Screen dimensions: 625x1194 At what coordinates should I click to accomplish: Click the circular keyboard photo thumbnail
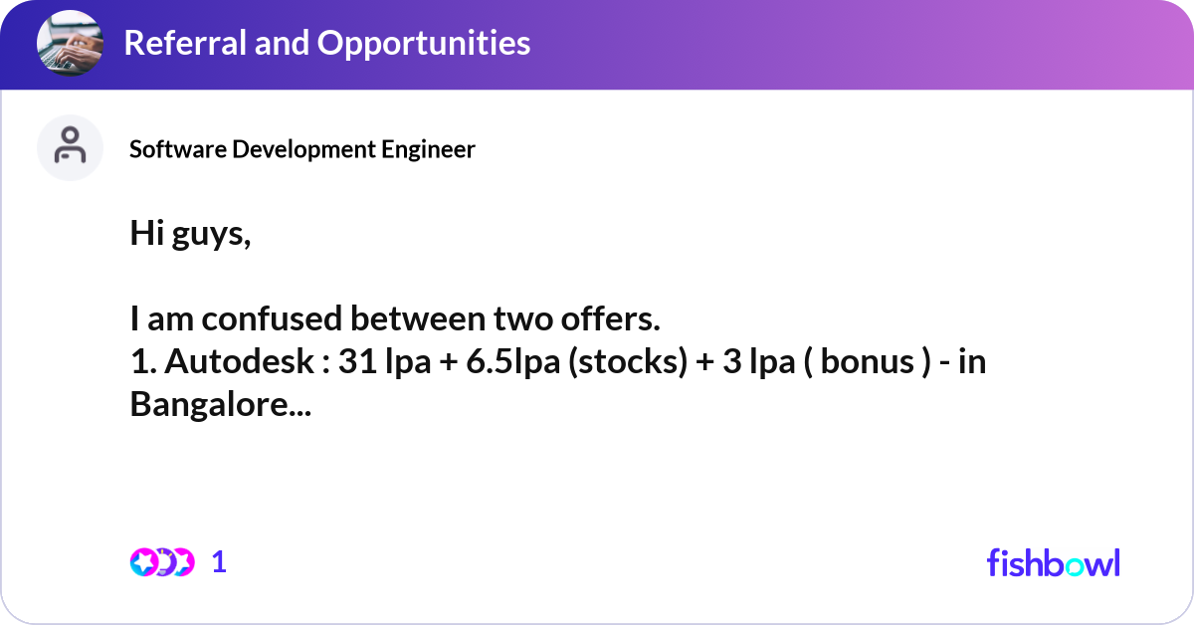[70, 44]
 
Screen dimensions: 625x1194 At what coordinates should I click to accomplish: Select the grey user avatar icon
[70, 147]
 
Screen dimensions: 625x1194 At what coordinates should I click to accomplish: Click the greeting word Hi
[145, 235]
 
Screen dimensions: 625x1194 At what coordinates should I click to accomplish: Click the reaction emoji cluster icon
[161, 562]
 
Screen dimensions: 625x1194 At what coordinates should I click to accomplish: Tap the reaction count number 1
[220, 562]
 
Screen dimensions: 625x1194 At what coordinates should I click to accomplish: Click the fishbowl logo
[1053, 562]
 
